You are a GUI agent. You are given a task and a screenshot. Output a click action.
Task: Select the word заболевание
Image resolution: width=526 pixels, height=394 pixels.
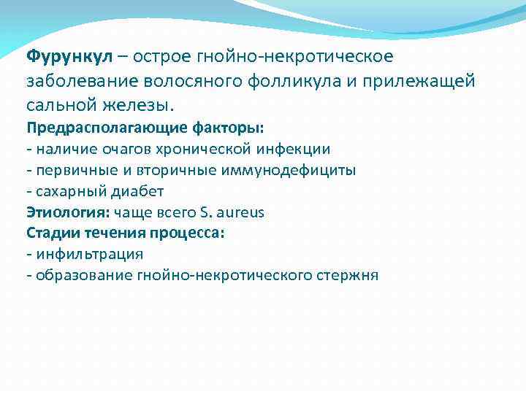point(76,80)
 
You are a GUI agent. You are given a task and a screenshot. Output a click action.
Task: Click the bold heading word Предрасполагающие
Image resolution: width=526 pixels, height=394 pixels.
point(99,128)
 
